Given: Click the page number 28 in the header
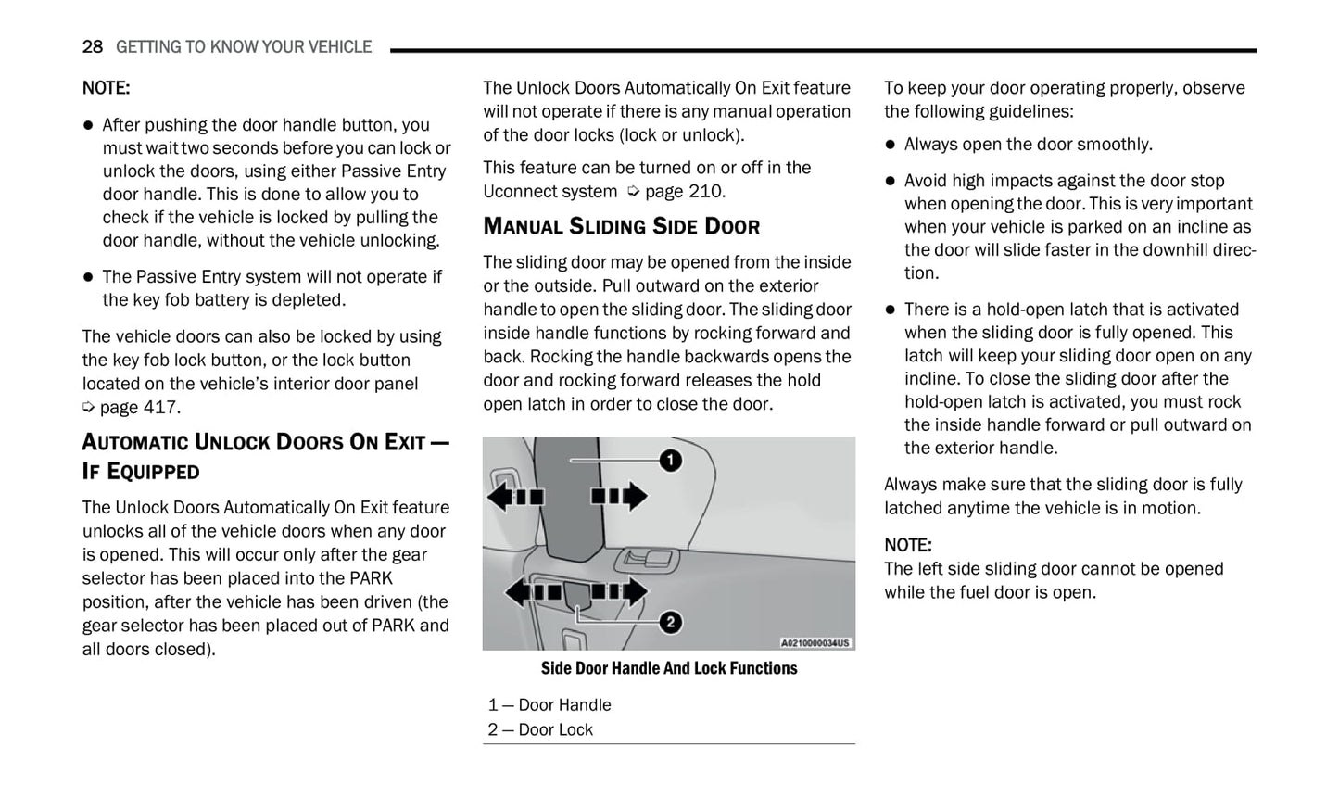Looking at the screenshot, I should pos(92,46).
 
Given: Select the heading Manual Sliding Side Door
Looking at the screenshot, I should pos(621,227).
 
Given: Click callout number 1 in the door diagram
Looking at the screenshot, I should pos(670,460).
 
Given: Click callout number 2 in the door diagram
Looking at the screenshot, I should pos(670,622).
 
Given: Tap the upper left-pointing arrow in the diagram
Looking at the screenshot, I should pos(515,497).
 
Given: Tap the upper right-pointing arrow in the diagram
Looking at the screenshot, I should pos(620,496).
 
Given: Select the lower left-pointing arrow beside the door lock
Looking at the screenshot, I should pos(532,591).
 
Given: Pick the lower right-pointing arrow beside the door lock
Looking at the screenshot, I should pos(620,591).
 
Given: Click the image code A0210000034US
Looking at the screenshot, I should pos(815,642).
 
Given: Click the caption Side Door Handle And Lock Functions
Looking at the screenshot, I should pos(668,668).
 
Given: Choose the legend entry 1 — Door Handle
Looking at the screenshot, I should pos(549,705).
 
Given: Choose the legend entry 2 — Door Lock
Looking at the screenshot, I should pos(540,730).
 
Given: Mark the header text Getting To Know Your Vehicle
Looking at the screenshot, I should pos(244,46).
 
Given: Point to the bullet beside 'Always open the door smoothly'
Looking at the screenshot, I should pos(891,145).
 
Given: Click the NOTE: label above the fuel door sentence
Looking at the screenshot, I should pos(907,545).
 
